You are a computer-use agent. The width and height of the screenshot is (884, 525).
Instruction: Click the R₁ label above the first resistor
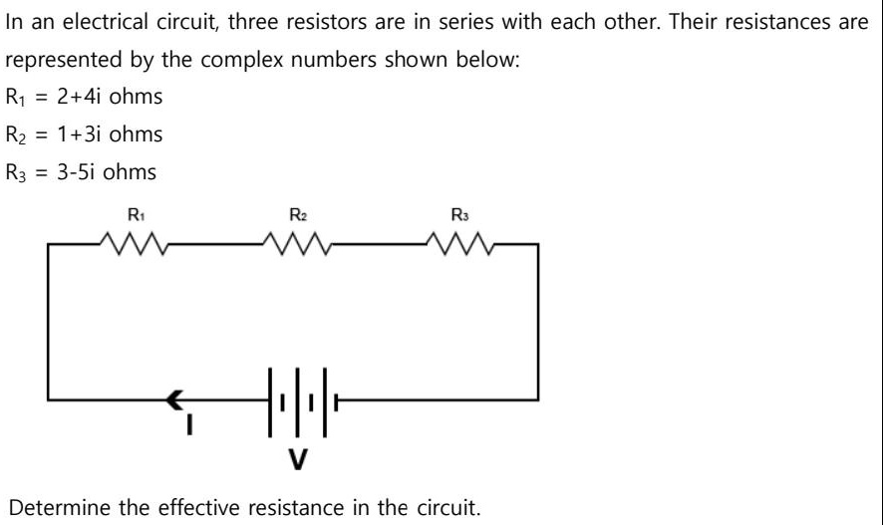click(x=134, y=214)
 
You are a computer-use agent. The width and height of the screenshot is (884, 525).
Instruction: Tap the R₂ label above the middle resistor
click(x=297, y=214)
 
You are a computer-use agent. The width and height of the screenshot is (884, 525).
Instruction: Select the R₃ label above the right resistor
click(x=459, y=214)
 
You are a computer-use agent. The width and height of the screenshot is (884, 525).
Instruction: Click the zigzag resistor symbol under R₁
click(x=134, y=241)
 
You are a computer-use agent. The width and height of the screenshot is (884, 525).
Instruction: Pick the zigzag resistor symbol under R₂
click(x=297, y=241)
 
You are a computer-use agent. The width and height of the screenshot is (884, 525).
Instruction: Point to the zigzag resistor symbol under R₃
click(x=459, y=241)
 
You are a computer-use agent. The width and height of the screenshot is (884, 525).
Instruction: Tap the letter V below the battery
click(x=297, y=459)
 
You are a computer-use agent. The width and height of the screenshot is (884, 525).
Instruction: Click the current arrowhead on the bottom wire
click(x=176, y=401)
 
